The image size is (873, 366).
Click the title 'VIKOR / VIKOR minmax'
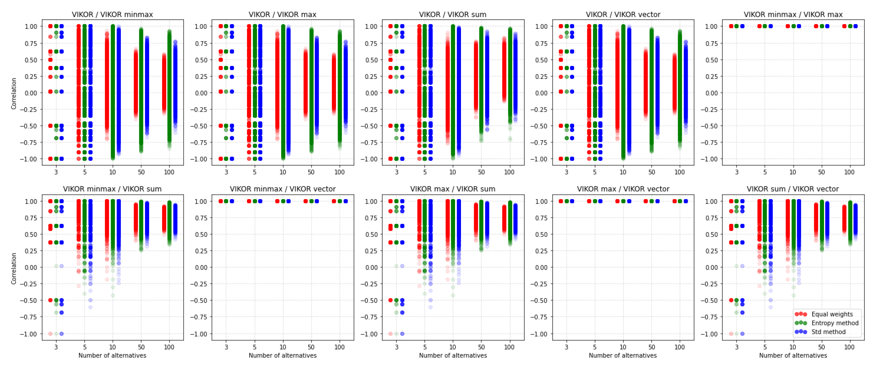pos(112,14)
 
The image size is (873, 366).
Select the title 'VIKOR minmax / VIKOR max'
pos(793,14)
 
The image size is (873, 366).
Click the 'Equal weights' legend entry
pos(832,314)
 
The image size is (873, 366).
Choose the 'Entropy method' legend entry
pos(835,323)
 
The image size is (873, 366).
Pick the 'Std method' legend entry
pos(828,332)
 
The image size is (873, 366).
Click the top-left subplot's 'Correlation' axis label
pos(14,93)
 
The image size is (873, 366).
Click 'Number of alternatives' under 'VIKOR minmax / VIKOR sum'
pos(112,355)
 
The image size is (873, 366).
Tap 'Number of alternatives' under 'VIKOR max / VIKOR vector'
pos(623,355)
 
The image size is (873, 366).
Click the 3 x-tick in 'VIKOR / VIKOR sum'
pos(397,172)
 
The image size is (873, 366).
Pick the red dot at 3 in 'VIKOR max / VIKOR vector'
pos(561,201)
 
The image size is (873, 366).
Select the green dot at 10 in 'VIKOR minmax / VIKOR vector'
pos(283,201)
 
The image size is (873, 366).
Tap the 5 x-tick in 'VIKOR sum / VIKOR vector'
pos(765,347)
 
